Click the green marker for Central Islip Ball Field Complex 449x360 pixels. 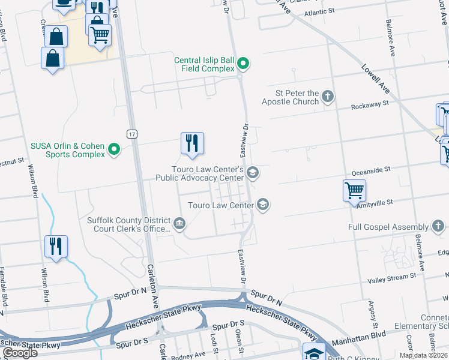[243, 63]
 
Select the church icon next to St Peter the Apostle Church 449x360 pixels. [327, 96]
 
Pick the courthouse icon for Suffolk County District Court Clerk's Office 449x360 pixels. [179, 224]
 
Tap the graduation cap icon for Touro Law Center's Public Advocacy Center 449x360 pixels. [253, 174]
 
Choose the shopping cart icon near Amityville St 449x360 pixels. [354, 191]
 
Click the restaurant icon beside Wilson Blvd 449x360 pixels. [56, 246]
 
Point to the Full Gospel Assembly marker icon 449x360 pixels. [438, 226]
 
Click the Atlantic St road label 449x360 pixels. [319, 11]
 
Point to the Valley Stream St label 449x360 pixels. [388, 279]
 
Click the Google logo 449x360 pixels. [20, 353]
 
